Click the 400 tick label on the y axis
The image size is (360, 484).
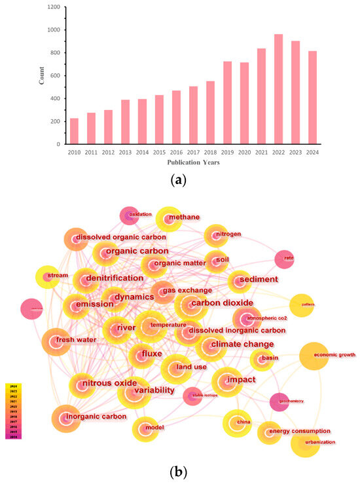54,98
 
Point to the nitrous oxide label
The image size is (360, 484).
107,382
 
